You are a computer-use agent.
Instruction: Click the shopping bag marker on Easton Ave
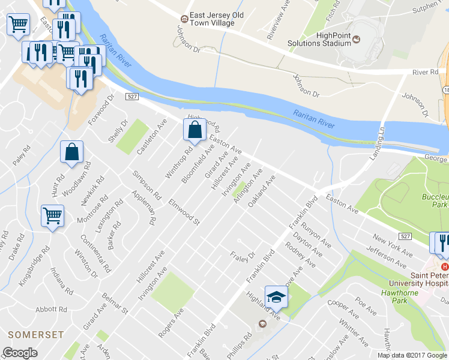click(195, 130)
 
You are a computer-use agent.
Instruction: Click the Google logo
click(20, 353)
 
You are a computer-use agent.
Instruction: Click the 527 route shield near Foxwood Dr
click(133, 97)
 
